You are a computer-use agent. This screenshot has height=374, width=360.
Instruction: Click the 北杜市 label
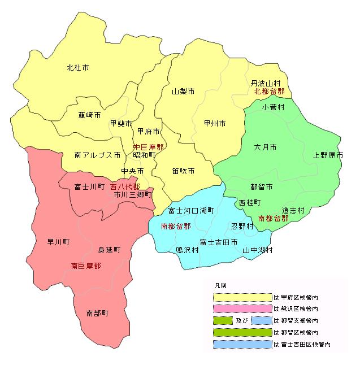(x=78, y=68)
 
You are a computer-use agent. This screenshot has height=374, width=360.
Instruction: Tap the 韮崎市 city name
(x=90, y=115)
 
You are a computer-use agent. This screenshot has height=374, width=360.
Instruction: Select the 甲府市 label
(x=149, y=132)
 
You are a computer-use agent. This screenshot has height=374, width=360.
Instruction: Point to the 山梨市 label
(x=184, y=91)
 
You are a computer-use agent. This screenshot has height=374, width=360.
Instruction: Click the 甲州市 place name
(x=215, y=123)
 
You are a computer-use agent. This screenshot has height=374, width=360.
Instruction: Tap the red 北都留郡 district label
(x=269, y=91)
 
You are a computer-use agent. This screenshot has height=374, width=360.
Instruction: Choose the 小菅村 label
(x=273, y=106)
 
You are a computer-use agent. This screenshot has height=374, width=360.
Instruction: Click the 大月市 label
(x=266, y=147)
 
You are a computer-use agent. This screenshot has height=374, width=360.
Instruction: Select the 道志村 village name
(x=294, y=210)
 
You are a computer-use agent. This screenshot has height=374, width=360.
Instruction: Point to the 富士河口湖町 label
(x=192, y=210)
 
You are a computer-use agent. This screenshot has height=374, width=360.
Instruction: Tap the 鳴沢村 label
(x=187, y=249)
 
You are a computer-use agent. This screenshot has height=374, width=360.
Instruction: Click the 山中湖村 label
(x=258, y=249)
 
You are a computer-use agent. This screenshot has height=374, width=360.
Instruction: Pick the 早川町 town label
(x=58, y=242)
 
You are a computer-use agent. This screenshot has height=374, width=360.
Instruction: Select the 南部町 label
(x=97, y=312)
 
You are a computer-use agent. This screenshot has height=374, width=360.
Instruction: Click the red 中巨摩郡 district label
(x=149, y=147)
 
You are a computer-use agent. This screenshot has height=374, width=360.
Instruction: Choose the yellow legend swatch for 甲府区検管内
(x=242, y=297)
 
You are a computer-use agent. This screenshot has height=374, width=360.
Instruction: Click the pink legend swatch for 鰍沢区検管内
(x=242, y=308)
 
